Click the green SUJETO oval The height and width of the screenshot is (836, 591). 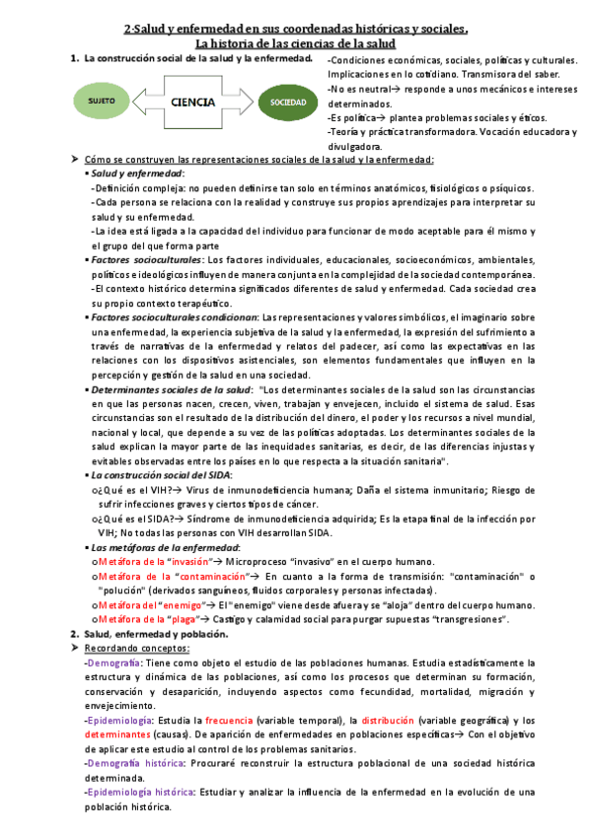pos(102,102)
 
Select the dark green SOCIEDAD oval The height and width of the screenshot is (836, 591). pos(282,102)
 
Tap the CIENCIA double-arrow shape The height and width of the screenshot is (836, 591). pos(193,102)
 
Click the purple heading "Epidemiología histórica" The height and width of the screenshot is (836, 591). pos(140,792)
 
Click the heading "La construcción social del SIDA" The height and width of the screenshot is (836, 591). pos(160,474)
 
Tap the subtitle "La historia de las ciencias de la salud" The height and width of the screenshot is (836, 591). pos(296,44)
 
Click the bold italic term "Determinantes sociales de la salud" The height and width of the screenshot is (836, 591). pos(171,389)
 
